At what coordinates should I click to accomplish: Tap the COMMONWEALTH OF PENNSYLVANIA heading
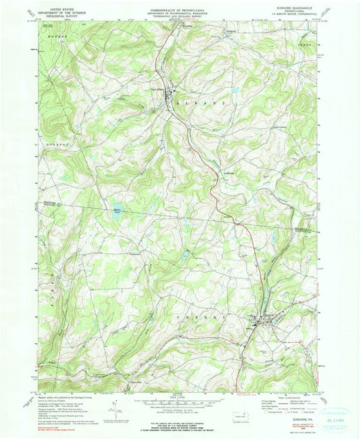pyautogui.click(x=179, y=11)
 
